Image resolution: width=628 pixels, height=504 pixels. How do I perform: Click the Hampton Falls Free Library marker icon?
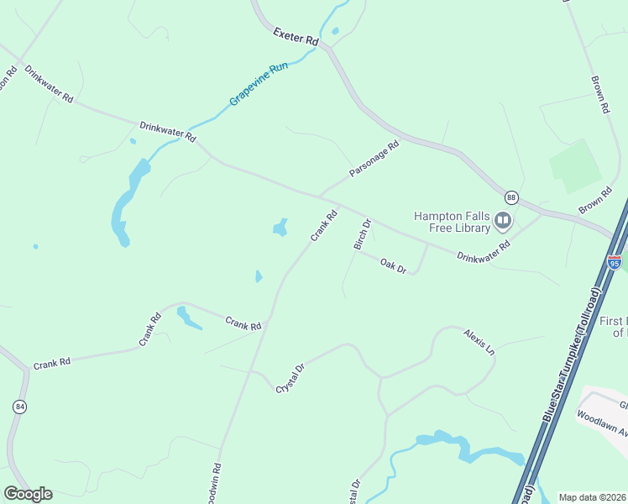(x=503, y=221)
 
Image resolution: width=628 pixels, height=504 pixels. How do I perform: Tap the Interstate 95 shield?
(x=615, y=261)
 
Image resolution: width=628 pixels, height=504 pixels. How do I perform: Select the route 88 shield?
(x=511, y=197)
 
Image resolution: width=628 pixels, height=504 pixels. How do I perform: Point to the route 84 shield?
(x=18, y=407)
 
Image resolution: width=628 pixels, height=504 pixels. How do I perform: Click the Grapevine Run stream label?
(x=259, y=85)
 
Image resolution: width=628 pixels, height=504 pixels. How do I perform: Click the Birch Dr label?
(x=362, y=234)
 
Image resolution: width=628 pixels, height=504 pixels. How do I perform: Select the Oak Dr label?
(x=393, y=267)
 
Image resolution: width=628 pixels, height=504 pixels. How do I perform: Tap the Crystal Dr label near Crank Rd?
(x=290, y=379)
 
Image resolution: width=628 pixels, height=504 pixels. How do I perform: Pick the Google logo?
(x=28, y=494)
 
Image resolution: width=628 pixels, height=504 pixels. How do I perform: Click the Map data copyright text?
(x=593, y=497)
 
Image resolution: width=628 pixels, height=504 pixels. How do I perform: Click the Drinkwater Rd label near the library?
(x=483, y=250)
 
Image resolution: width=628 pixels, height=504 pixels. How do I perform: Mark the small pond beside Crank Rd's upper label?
(x=280, y=228)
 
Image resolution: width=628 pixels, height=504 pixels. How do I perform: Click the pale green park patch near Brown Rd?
(x=576, y=165)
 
